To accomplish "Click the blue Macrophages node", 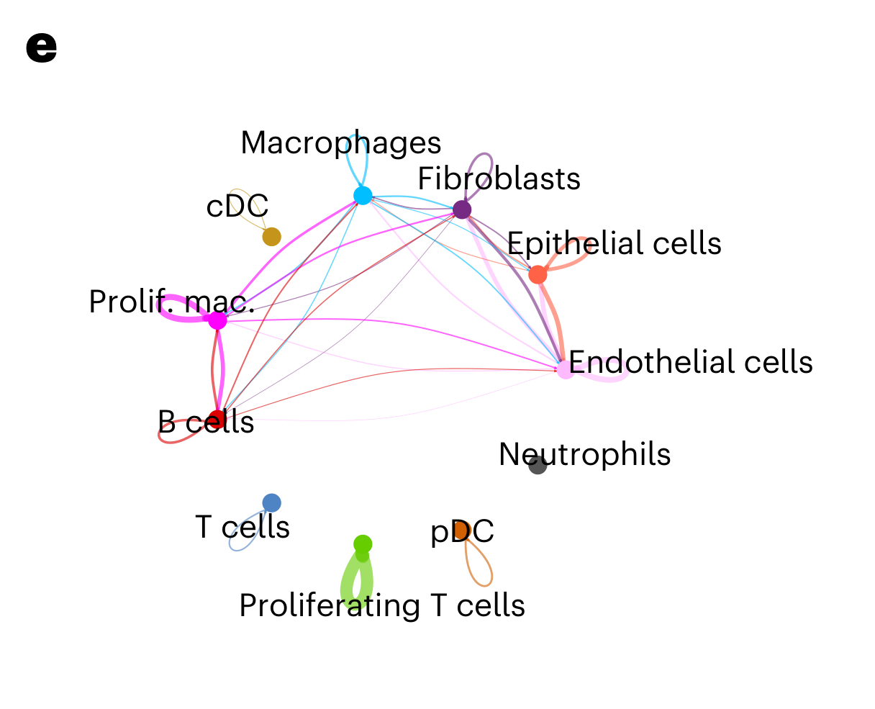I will (363, 195).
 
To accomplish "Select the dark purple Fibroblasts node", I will (462, 209).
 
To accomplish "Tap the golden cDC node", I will (271, 236).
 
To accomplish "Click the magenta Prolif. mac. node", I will (217, 321).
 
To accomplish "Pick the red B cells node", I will (217, 419).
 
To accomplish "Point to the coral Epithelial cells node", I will (538, 274).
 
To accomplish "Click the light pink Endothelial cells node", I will (565, 370).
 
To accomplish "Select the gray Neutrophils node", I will (538, 465).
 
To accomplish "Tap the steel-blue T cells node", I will (271, 502).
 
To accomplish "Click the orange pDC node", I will (462, 530).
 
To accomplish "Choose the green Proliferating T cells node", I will (363, 543).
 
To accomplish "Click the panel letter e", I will (41, 48).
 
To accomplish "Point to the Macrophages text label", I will (340, 143).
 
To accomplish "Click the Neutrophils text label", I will (584, 454).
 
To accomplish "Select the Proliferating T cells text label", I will (381, 605).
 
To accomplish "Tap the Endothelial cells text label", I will (691, 362).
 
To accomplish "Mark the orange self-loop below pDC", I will (481, 569).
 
